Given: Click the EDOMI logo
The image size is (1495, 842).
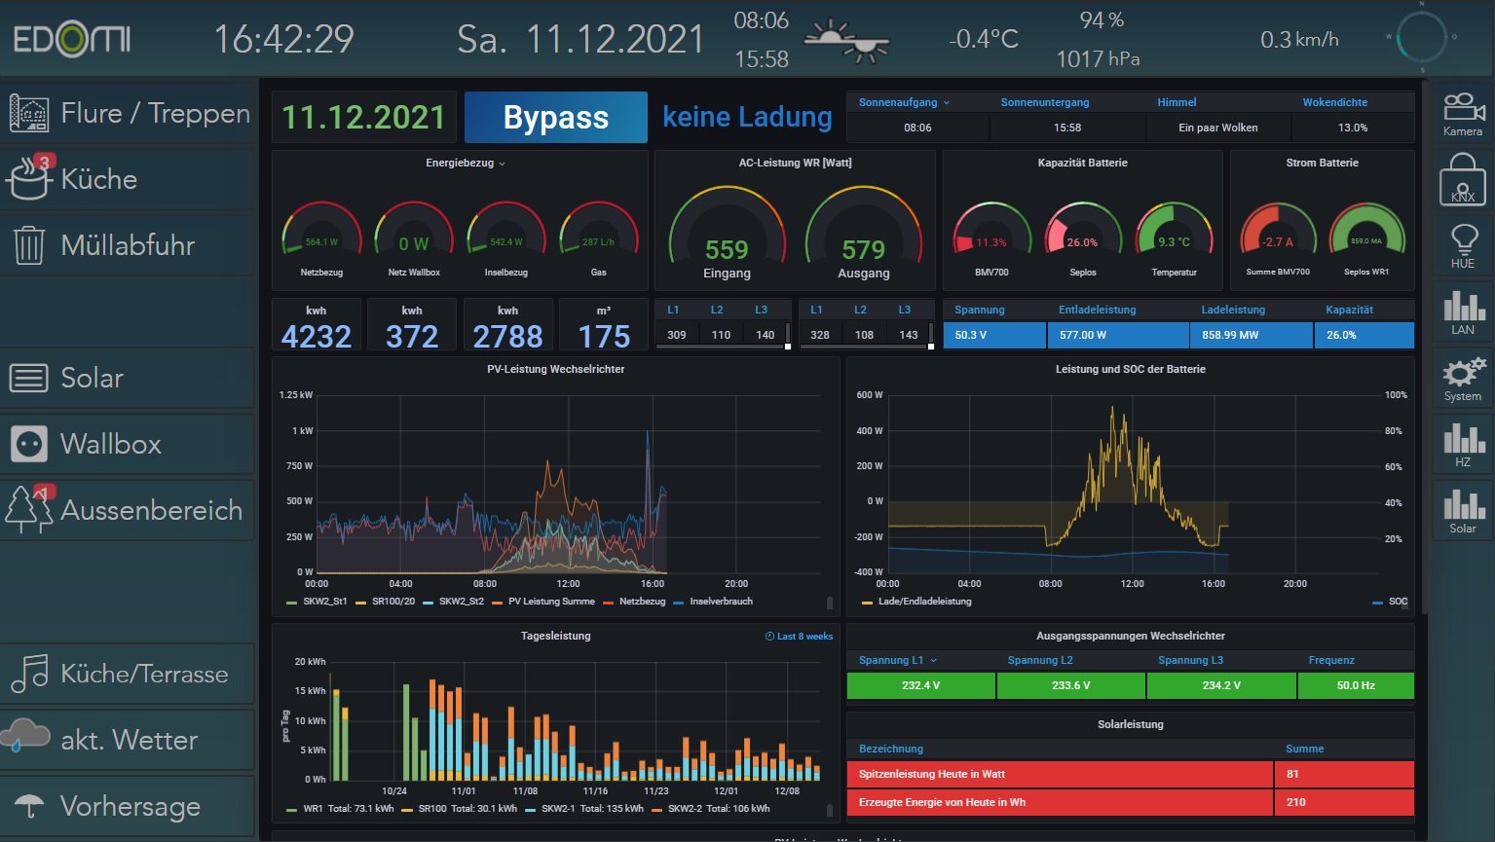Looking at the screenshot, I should tap(72, 40).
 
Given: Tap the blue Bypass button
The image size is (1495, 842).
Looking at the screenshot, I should tap(555, 118).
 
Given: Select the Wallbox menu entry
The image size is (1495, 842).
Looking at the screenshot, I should tap(110, 444).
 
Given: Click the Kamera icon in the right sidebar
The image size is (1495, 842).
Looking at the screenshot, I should tap(1462, 114).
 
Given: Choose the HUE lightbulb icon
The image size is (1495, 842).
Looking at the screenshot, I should tap(1462, 245).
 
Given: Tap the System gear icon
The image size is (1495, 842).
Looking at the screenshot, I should tap(1462, 378).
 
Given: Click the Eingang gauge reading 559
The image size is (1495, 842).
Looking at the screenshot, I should tap(727, 250).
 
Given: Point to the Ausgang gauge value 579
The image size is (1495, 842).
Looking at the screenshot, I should tap(863, 250).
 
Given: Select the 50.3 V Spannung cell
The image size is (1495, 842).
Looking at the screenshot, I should tap(993, 335).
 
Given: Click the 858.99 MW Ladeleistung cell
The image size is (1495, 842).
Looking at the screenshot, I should tap(1250, 335).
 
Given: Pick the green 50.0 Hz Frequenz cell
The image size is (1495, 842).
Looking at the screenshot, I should tap(1355, 685).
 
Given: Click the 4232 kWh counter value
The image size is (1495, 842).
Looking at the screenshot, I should tap(316, 337).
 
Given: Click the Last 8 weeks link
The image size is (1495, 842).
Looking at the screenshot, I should tap(800, 637).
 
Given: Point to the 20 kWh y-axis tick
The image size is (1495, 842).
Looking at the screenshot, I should tap(310, 662).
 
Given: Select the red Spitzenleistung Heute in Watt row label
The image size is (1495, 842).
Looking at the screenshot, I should tap(1059, 774).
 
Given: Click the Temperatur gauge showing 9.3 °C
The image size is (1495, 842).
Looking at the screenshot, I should tap(1174, 240).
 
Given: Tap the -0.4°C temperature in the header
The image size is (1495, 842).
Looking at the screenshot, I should tap(983, 39).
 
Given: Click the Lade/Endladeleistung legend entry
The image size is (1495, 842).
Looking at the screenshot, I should tap(923, 602).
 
